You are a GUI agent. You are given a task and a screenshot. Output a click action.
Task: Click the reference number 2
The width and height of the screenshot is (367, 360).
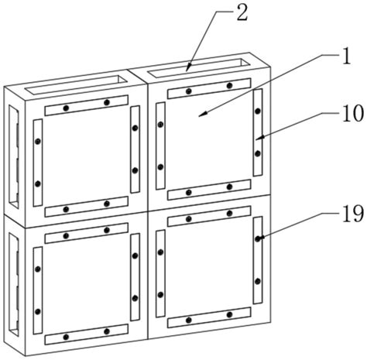coord(242,13)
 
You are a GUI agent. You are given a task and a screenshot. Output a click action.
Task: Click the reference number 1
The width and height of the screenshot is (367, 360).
coord(347,57)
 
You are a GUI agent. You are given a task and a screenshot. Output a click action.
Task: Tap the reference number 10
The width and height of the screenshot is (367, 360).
coord(353,114)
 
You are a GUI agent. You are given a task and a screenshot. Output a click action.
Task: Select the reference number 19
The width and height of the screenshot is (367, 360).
coord(353,214)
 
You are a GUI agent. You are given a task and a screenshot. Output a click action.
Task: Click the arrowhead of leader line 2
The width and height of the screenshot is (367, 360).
coord(188,68)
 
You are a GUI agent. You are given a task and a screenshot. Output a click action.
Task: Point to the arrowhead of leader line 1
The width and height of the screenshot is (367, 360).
coord(203,114)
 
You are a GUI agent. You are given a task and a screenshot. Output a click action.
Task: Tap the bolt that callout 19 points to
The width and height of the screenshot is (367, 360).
coord(258,238)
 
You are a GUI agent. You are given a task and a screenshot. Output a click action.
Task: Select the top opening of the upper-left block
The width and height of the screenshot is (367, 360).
coord(77,84)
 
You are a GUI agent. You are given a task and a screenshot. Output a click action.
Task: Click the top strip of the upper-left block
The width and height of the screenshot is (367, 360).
coord(87,105)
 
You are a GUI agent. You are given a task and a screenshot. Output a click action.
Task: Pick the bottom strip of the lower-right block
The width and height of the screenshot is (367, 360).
coord(209,317)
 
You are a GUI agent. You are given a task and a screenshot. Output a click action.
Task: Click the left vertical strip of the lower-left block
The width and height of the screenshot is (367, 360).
coord(38,290)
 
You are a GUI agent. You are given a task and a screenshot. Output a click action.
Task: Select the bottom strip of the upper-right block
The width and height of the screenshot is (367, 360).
coord(209,190)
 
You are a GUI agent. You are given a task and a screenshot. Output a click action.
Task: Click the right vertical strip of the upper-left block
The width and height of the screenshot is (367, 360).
coord(135,149)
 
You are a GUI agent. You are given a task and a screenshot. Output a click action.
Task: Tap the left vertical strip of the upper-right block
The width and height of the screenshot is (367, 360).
coord(160,146)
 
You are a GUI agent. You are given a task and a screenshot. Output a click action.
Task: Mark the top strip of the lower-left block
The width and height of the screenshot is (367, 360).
coord(87,233)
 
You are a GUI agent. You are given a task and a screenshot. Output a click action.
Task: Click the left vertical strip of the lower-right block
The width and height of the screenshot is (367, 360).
coord(160,273)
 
